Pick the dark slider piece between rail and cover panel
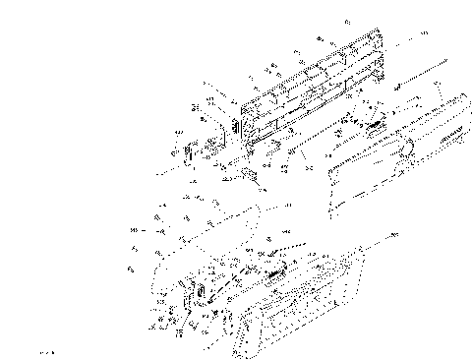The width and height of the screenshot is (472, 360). (x=371, y=124)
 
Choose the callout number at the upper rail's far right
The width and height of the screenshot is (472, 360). (x=424, y=33)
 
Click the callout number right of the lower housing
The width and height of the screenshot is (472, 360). (x=395, y=236)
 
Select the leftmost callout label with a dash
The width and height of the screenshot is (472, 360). (x=134, y=230)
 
